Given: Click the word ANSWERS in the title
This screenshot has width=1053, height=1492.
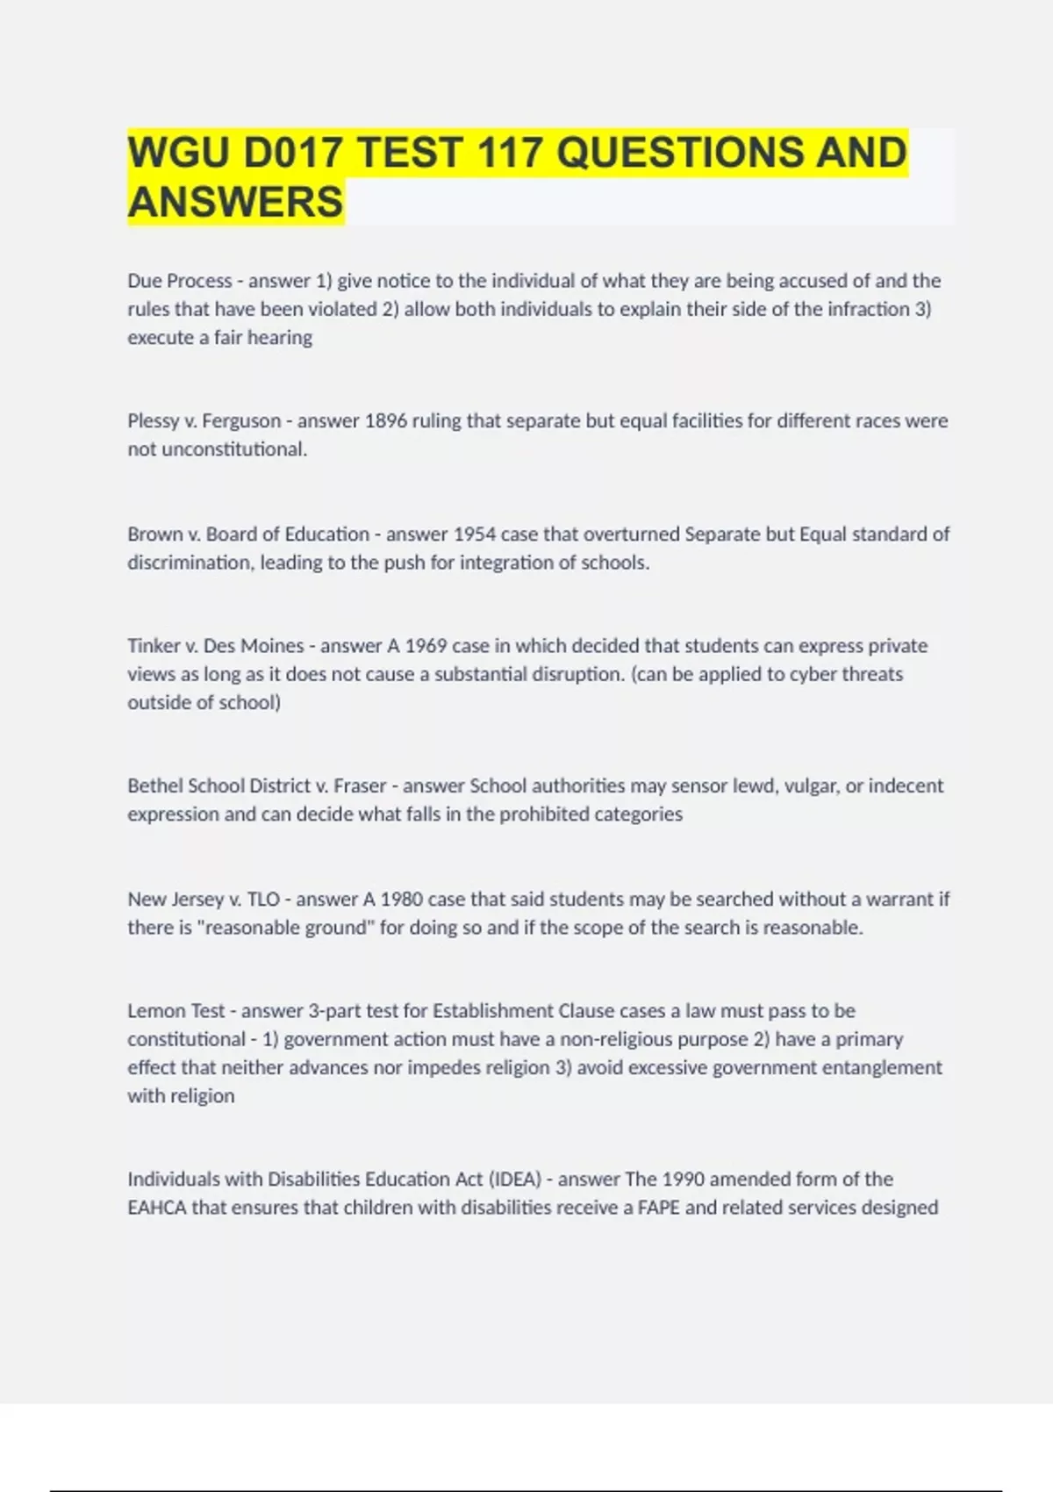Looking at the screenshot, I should pyautogui.click(x=235, y=202).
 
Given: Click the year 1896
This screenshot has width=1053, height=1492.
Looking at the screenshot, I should pyautogui.click(x=386, y=421).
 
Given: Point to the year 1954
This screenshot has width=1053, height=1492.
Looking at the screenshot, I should pyautogui.click(x=475, y=534).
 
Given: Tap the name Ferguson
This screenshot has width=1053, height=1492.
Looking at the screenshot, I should pyautogui.click(x=241, y=421).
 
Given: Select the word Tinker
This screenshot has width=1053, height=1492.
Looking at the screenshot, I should pyautogui.click(x=154, y=646).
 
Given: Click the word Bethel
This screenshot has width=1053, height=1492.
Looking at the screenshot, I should pyautogui.click(x=155, y=785).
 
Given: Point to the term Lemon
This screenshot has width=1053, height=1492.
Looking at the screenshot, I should pyautogui.click(x=154, y=1011).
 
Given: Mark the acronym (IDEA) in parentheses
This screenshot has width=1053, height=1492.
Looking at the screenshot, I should pyautogui.click(x=515, y=1179).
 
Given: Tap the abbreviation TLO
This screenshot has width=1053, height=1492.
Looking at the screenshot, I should pyautogui.click(x=263, y=900).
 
